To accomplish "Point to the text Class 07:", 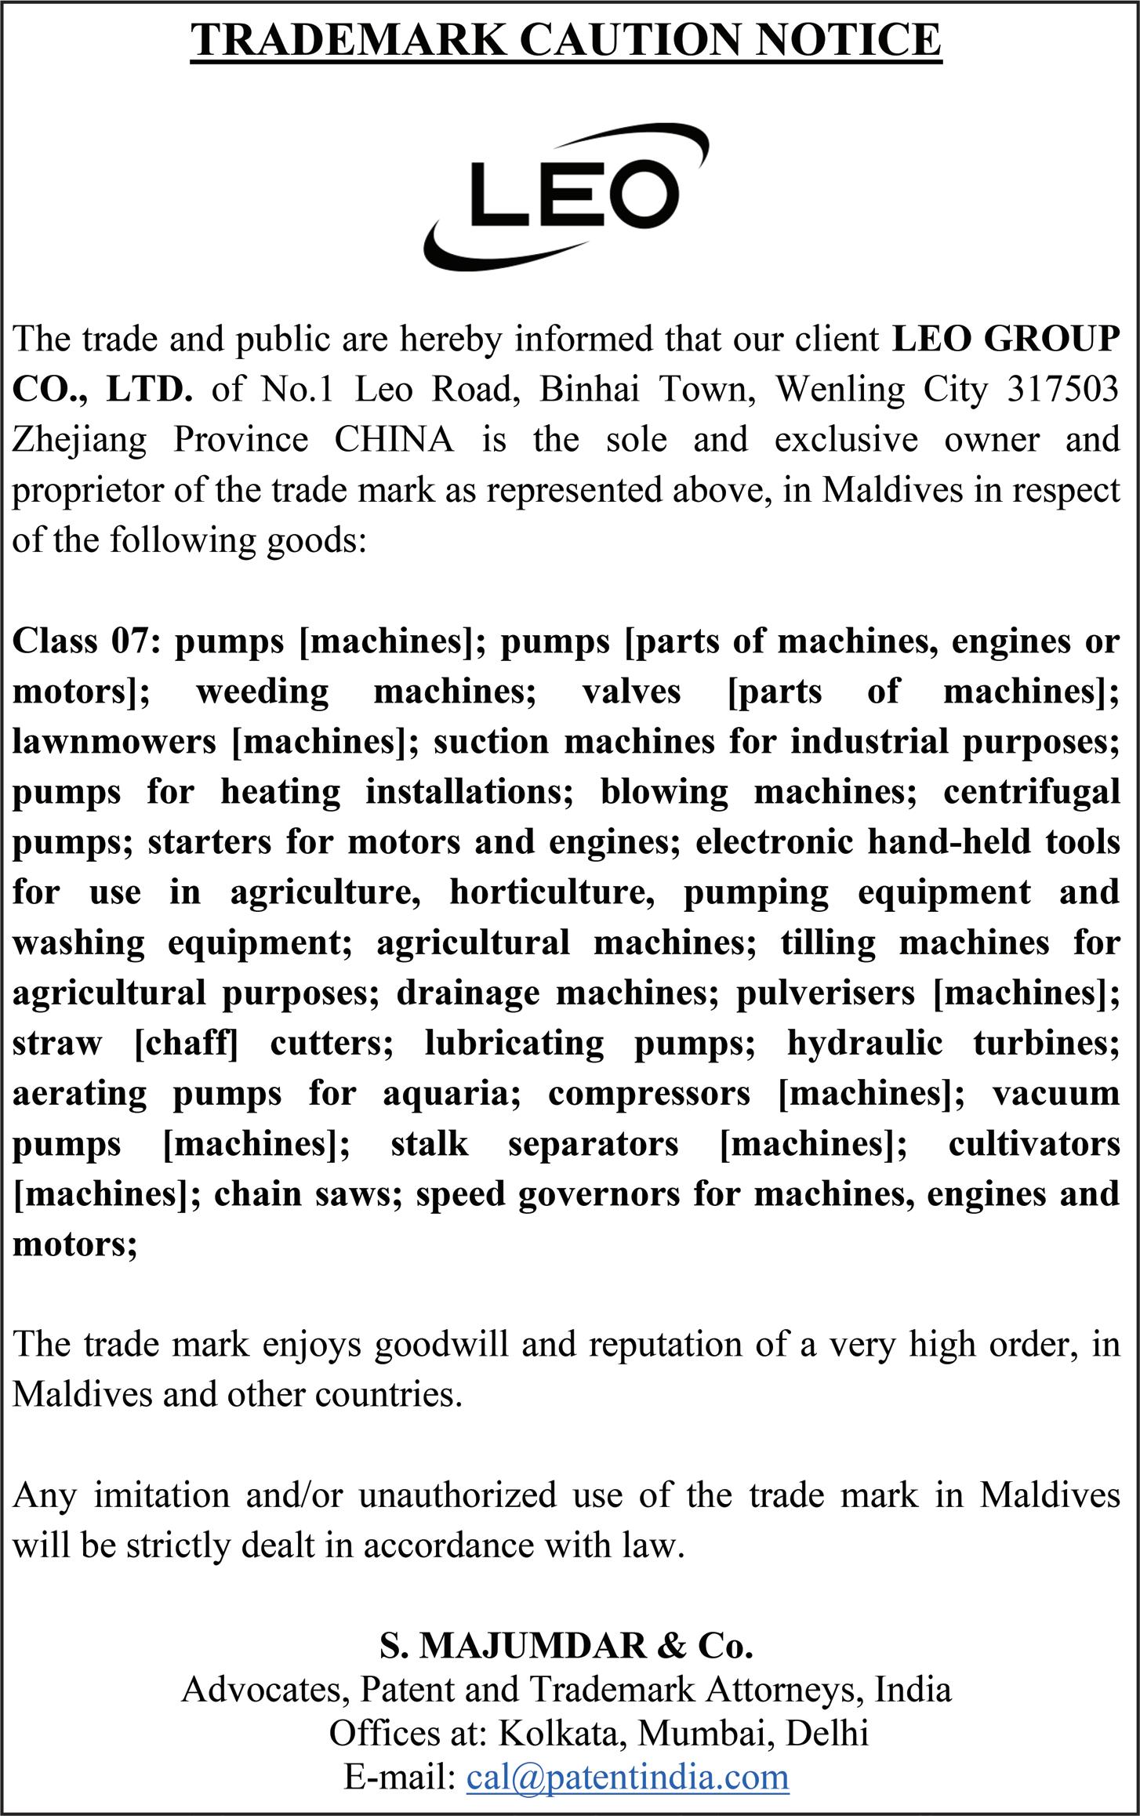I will (x=86, y=641).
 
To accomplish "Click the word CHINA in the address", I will (x=394, y=440).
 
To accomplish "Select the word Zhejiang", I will (x=79, y=440).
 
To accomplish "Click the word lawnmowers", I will (x=114, y=742).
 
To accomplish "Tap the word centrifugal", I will (x=1031, y=792).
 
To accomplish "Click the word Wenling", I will (x=840, y=390).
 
